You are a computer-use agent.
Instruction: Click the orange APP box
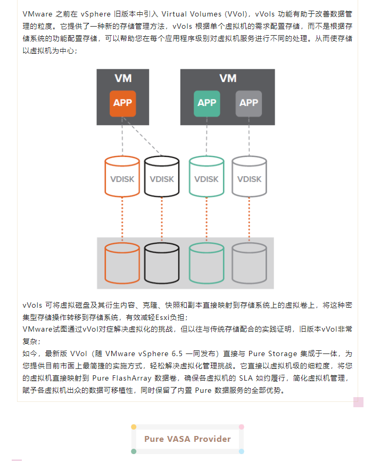(122, 103)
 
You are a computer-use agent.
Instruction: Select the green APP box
(206, 103)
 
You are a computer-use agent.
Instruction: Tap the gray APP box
(249, 103)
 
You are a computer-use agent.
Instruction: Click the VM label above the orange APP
(123, 78)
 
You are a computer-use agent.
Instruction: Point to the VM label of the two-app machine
(228, 78)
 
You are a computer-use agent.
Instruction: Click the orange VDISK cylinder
(122, 176)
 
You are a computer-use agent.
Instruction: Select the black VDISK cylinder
(162, 176)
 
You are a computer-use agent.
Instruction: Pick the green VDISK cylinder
(206, 176)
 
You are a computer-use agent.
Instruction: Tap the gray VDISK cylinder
(249, 176)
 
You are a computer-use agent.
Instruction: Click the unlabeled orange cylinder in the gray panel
(122, 263)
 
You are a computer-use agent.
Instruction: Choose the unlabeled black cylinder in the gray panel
(162, 263)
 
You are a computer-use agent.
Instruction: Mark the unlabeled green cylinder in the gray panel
(206, 263)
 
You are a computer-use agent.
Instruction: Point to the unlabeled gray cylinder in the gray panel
(249, 263)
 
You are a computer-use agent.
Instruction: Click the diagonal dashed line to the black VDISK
(142, 136)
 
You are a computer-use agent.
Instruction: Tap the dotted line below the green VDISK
(206, 219)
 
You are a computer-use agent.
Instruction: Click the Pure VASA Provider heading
(187, 439)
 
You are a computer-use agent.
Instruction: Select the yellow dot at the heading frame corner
(134, 427)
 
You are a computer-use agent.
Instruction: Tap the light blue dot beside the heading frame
(242, 451)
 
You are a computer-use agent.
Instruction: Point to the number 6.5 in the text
(177, 353)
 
